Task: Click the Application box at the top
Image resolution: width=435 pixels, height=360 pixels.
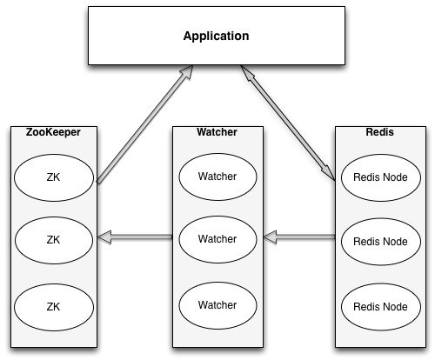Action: click(217, 36)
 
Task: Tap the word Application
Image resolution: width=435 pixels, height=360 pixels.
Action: click(217, 36)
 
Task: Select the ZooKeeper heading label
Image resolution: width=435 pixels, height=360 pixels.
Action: click(53, 132)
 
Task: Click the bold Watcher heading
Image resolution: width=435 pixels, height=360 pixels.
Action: click(217, 132)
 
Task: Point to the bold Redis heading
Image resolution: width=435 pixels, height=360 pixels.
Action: click(380, 132)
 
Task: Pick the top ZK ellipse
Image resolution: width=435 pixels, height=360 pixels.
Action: click(54, 177)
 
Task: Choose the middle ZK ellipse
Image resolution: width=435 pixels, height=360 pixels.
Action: click(54, 240)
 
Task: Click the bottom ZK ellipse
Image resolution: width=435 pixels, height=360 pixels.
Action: click(54, 307)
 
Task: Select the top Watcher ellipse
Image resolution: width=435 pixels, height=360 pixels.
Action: click(217, 177)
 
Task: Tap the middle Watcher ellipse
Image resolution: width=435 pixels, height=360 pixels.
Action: click(217, 239)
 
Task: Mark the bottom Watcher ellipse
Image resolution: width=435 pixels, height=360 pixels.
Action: click(217, 305)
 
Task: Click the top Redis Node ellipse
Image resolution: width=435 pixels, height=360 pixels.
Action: click(381, 177)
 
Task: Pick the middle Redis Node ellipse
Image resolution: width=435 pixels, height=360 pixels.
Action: click(381, 242)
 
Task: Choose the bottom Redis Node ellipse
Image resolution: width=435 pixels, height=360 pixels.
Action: click(381, 307)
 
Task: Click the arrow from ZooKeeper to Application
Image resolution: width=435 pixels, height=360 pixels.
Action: click(145, 124)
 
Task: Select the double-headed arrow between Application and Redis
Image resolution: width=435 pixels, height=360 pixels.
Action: click(288, 123)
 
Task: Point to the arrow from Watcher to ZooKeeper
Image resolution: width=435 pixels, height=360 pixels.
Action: click(135, 237)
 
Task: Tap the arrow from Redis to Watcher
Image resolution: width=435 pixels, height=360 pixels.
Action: click(299, 237)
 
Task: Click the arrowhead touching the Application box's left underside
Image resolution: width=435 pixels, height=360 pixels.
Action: click(187, 72)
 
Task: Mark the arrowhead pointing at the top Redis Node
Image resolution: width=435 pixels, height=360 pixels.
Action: click(329, 173)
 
